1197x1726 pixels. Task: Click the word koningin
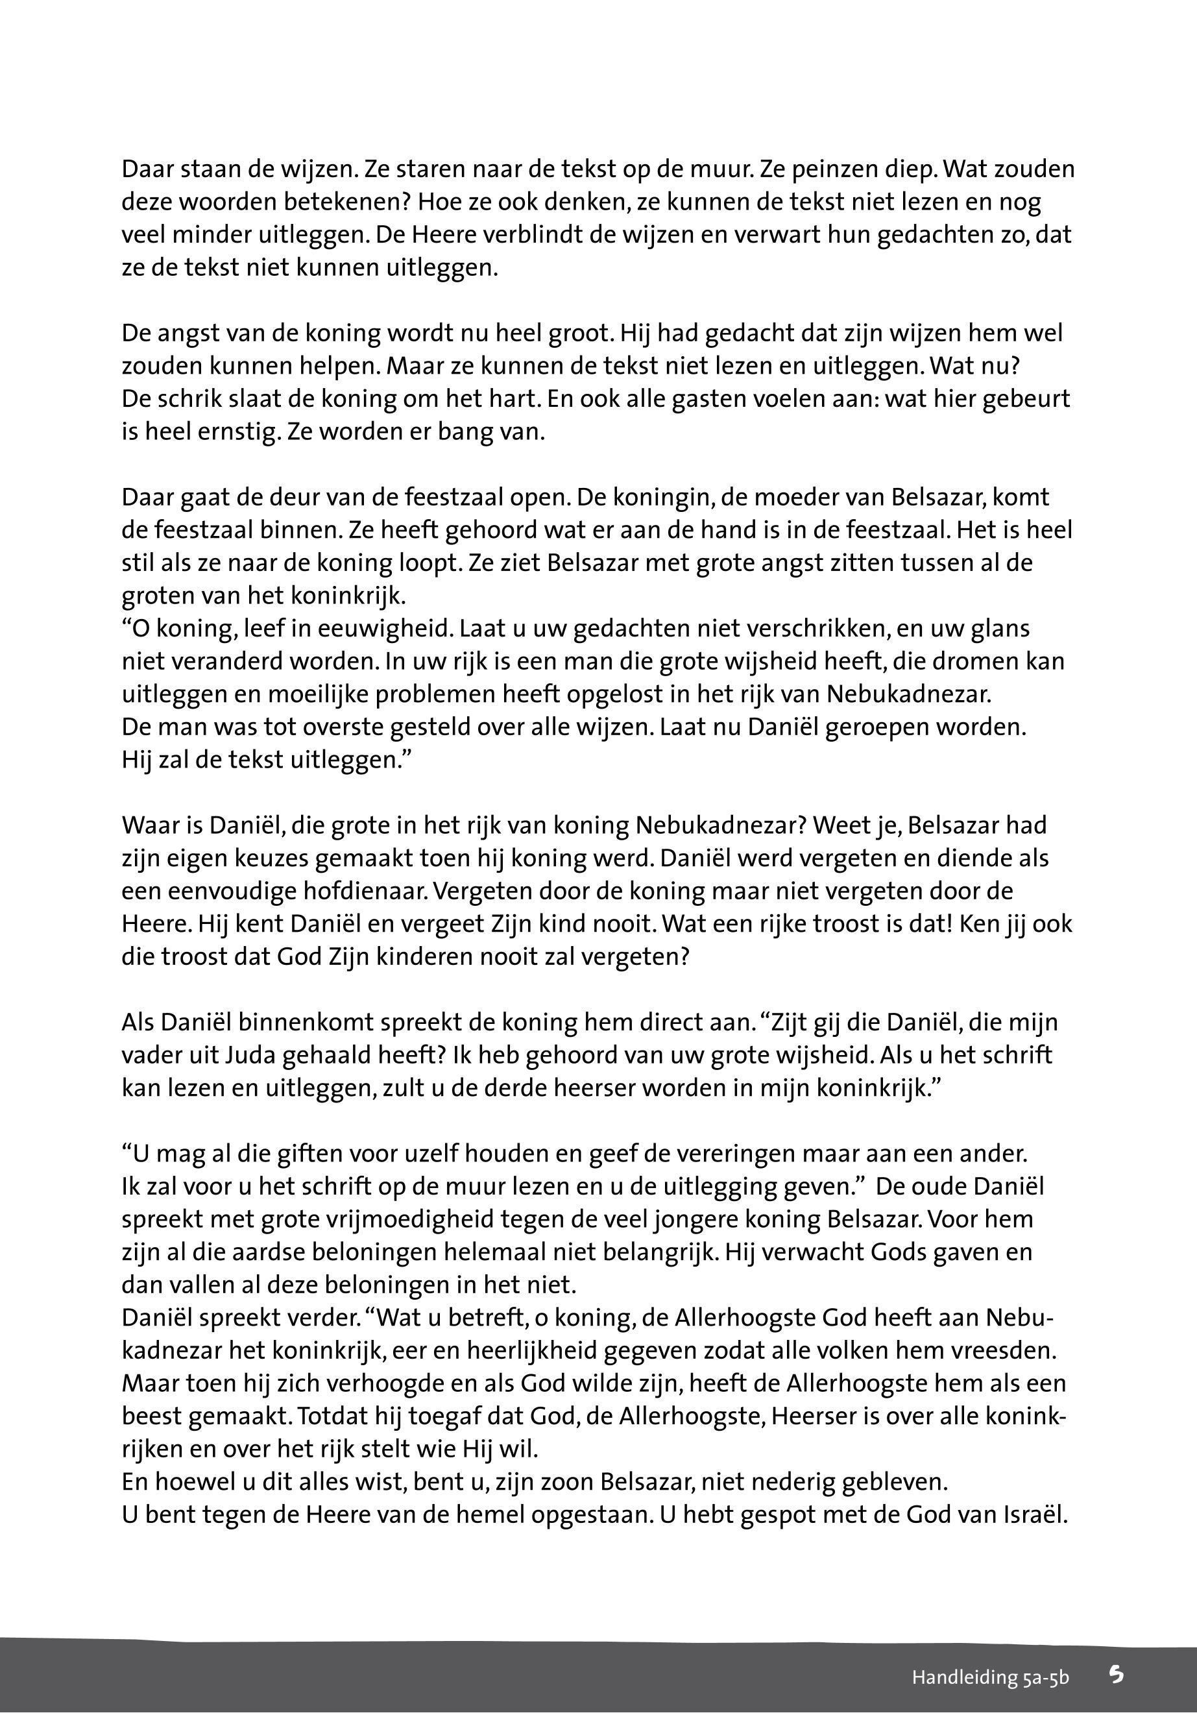(667, 497)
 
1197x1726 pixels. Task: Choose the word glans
(995, 628)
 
